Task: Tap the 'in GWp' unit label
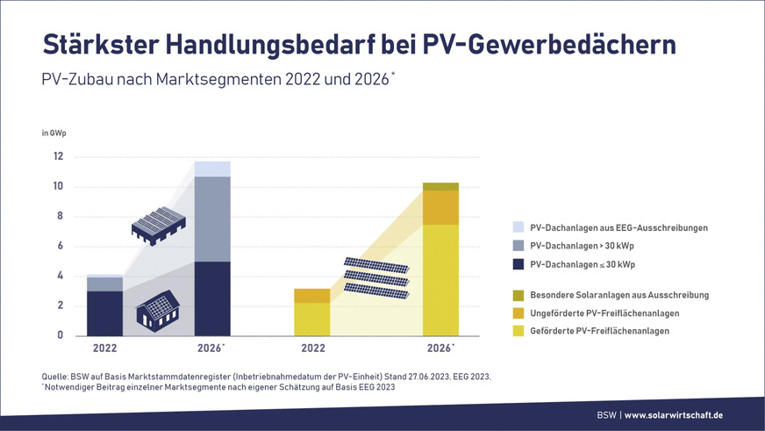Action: click(x=54, y=133)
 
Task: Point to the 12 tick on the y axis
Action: click(x=57, y=157)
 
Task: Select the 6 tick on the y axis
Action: click(x=60, y=247)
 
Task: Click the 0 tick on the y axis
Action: click(x=60, y=336)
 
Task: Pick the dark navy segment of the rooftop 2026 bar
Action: click(x=212, y=298)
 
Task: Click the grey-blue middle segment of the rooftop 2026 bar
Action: click(x=212, y=219)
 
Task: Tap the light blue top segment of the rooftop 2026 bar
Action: click(x=212, y=169)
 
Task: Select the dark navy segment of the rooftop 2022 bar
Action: click(x=104, y=313)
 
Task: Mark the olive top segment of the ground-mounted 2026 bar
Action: click(x=440, y=186)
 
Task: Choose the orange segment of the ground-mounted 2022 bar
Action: click(x=311, y=295)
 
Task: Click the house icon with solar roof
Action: click(x=158, y=311)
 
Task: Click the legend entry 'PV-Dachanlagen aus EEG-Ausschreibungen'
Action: click(x=618, y=227)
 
